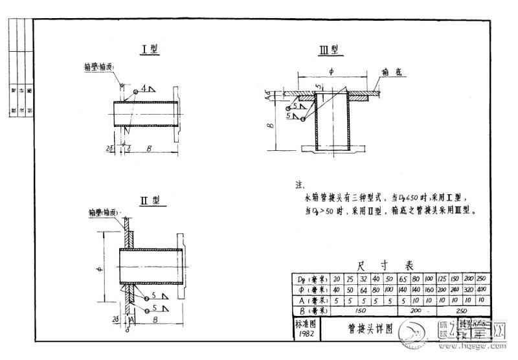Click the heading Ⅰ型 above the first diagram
coord(150,49)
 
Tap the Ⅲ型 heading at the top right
coord(329,50)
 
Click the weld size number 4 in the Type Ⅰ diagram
coord(144,86)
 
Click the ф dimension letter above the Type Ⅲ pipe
coord(330,73)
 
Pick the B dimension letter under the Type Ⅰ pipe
coord(150,148)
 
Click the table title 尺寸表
coord(389,265)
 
